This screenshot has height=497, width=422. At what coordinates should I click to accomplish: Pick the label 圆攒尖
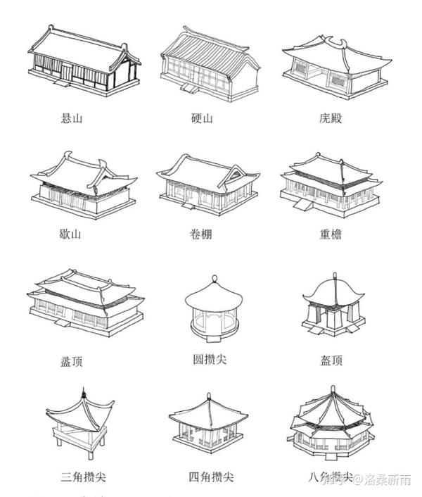[210, 360]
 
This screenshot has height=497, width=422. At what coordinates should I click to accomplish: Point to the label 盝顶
[71, 362]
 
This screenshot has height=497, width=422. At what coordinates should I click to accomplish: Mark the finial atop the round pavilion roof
[209, 279]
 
